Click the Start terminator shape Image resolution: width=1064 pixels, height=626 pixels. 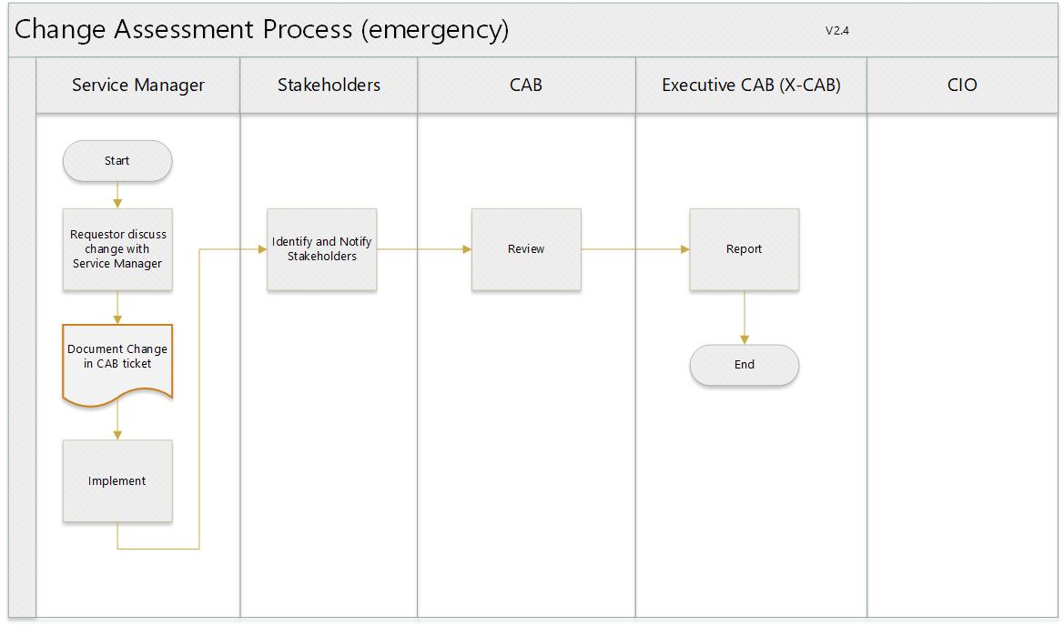(x=117, y=161)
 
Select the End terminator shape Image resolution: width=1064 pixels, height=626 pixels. (x=745, y=365)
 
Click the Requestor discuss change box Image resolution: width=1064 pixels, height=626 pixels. (x=117, y=249)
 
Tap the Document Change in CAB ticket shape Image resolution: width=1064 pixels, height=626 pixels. (x=117, y=364)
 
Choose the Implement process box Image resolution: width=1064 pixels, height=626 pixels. (x=117, y=480)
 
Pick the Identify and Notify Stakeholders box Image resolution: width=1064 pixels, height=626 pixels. (x=321, y=249)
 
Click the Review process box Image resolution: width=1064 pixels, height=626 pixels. (x=527, y=249)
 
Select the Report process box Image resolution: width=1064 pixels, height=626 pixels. (x=745, y=249)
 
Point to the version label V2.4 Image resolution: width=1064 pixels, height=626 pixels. (x=837, y=31)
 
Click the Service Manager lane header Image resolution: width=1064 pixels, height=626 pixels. (x=137, y=85)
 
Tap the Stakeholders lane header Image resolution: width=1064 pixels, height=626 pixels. (x=329, y=85)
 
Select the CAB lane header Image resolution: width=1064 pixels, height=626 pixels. (x=527, y=85)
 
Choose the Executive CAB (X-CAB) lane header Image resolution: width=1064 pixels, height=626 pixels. (x=751, y=85)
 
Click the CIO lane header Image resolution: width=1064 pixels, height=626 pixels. (x=962, y=85)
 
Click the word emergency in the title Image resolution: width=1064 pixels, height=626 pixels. (x=435, y=31)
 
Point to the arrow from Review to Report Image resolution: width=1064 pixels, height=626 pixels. (x=635, y=249)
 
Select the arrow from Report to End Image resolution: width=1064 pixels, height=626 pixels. (x=745, y=318)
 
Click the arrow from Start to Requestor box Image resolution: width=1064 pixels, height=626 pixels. (x=117, y=195)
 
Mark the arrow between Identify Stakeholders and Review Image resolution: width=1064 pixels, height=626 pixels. (x=424, y=249)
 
